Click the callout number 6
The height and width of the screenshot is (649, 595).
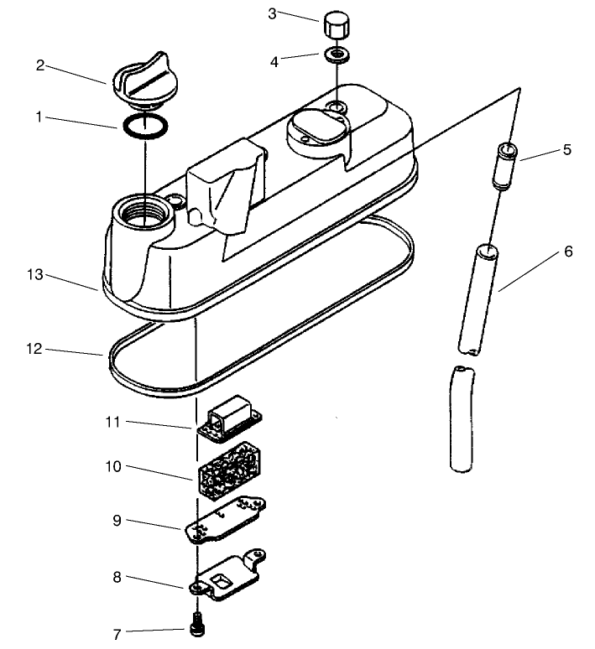point(568,252)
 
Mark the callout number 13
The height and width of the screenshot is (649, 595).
point(34,275)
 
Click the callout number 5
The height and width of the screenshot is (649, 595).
point(568,150)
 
